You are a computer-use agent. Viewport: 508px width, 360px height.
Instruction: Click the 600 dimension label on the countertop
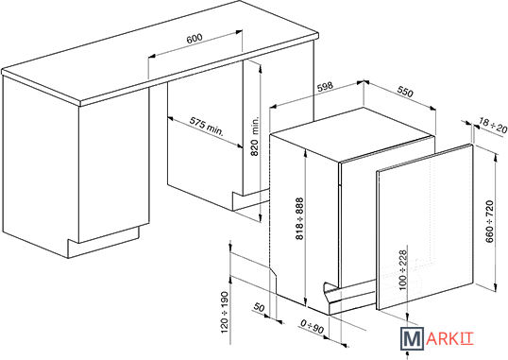(x=195, y=39)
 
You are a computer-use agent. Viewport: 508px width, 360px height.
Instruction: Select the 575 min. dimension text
(x=207, y=127)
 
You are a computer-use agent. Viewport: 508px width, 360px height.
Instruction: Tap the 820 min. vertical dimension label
(x=255, y=137)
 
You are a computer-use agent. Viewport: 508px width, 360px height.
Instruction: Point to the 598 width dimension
(x=325, y=87)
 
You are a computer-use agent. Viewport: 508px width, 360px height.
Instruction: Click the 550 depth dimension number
(x=405, y=92)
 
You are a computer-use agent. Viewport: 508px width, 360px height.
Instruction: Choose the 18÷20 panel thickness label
(x=493, y=127)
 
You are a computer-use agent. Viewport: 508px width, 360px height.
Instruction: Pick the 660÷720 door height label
(x=489, y=221)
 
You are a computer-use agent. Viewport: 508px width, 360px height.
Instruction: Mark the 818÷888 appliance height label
(x=299, y=218)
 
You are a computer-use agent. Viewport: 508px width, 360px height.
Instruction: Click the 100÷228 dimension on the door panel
(x=402, y=270)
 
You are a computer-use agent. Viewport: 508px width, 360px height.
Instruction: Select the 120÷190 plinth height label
(x=225, y=313)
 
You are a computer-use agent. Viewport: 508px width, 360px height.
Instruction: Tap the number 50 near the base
(x=259, y=307)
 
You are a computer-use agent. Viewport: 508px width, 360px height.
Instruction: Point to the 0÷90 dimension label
(x=312, y=327)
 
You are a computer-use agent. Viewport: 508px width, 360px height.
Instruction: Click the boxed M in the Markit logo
(x=412, y=338)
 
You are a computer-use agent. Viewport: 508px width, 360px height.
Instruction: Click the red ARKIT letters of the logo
(x=449, y=338)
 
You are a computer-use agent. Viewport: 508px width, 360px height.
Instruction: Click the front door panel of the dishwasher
(x=425, y=227)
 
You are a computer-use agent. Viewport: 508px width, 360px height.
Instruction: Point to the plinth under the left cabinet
(x=103, y=242)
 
